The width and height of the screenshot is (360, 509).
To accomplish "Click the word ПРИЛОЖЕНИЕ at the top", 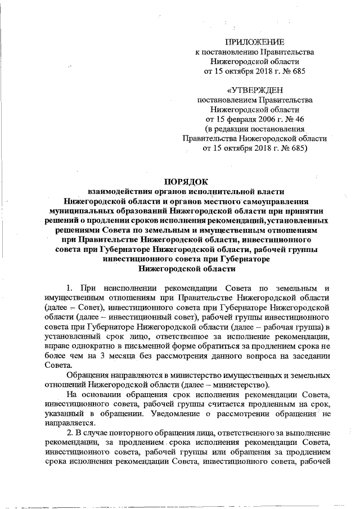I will click(255, 43).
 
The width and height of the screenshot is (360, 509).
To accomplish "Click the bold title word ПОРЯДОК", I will click(186, 181).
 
